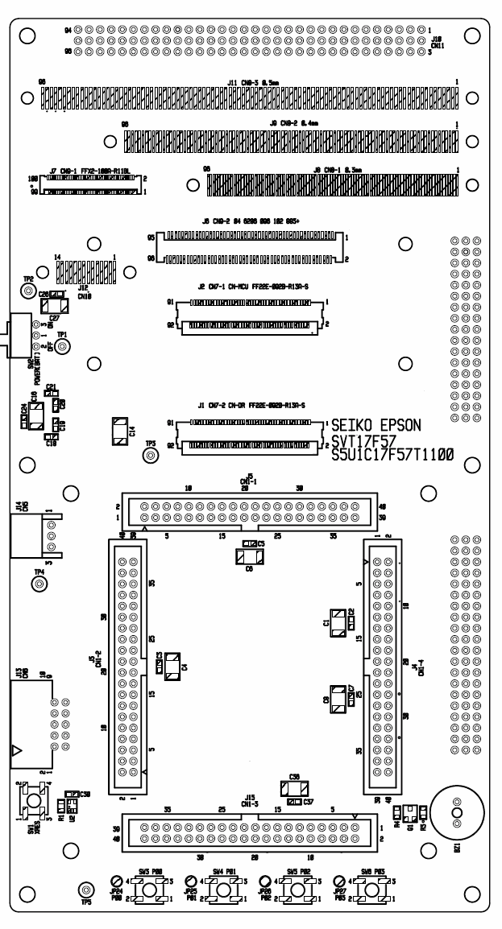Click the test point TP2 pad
27,291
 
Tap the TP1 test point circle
62,345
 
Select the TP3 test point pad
149,456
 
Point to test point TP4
38,584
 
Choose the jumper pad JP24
117,882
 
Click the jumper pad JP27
339,882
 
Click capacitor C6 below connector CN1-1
247,556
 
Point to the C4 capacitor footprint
172,668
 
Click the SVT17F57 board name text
363,440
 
